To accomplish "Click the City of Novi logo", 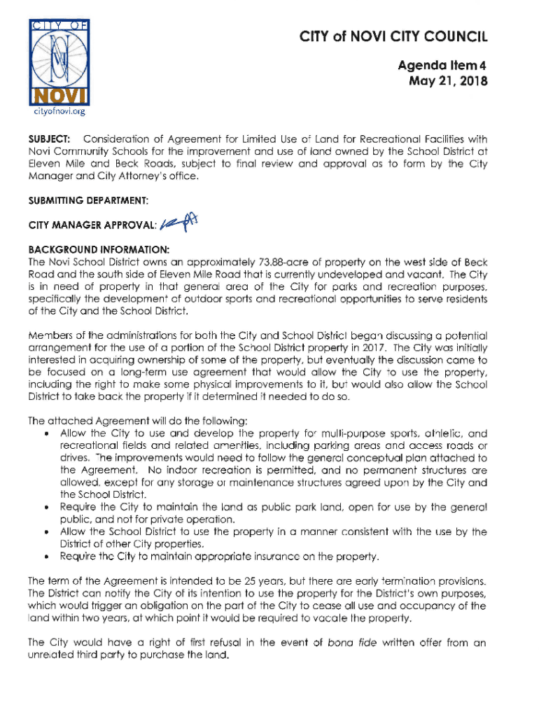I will coord(57,60).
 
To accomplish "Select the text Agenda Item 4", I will coord(442,64).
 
